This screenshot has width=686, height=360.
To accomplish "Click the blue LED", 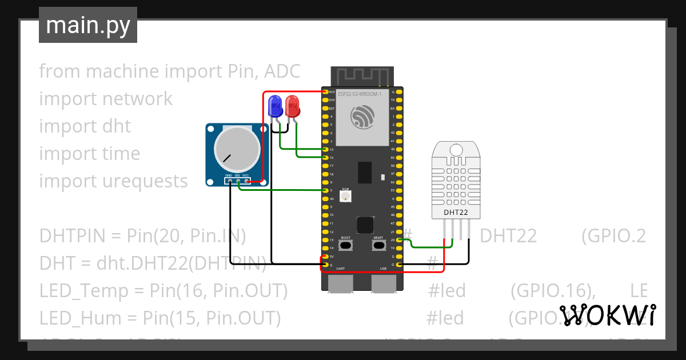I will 276,106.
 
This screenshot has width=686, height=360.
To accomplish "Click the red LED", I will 292,106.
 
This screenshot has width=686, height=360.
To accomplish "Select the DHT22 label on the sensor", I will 456,213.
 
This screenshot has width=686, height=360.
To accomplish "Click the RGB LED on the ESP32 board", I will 346,196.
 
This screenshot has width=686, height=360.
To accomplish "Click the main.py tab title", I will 88,25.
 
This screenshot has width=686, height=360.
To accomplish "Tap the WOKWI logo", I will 607,315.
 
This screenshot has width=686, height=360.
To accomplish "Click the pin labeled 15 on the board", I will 325,150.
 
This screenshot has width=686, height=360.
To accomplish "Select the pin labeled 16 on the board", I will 325,158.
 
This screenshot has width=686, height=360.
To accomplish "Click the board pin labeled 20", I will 400,240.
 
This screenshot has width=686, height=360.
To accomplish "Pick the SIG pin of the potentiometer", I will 237,182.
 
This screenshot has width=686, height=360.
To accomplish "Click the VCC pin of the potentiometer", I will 246,182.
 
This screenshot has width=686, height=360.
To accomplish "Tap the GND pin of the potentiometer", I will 229,182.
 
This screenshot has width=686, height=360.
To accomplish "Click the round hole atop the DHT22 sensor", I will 456,150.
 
